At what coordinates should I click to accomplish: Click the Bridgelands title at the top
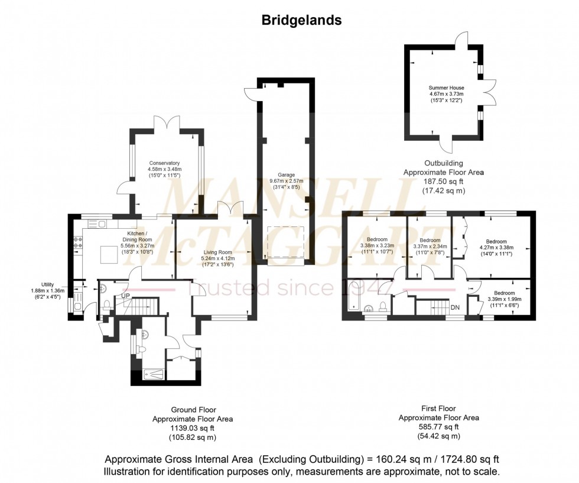tap(301, 21)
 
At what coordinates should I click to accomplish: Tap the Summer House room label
tap(446, 87)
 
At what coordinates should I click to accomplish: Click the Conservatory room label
tap(164, 163)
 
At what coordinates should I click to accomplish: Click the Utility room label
tap(48, 284)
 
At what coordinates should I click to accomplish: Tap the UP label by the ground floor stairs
tap(125, 296)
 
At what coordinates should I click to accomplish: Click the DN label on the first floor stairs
tap(455, 307)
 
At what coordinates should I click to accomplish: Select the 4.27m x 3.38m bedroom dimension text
tap(496, 248)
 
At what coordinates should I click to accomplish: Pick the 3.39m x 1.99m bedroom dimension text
tap(504, 299)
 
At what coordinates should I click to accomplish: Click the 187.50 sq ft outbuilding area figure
tap(444, 182)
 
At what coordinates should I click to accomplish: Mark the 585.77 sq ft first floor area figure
tap(438, 427)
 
